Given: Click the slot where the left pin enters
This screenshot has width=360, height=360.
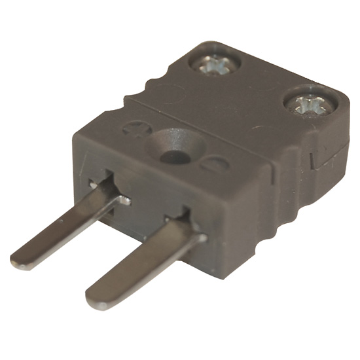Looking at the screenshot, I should click(x=108, y=190).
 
